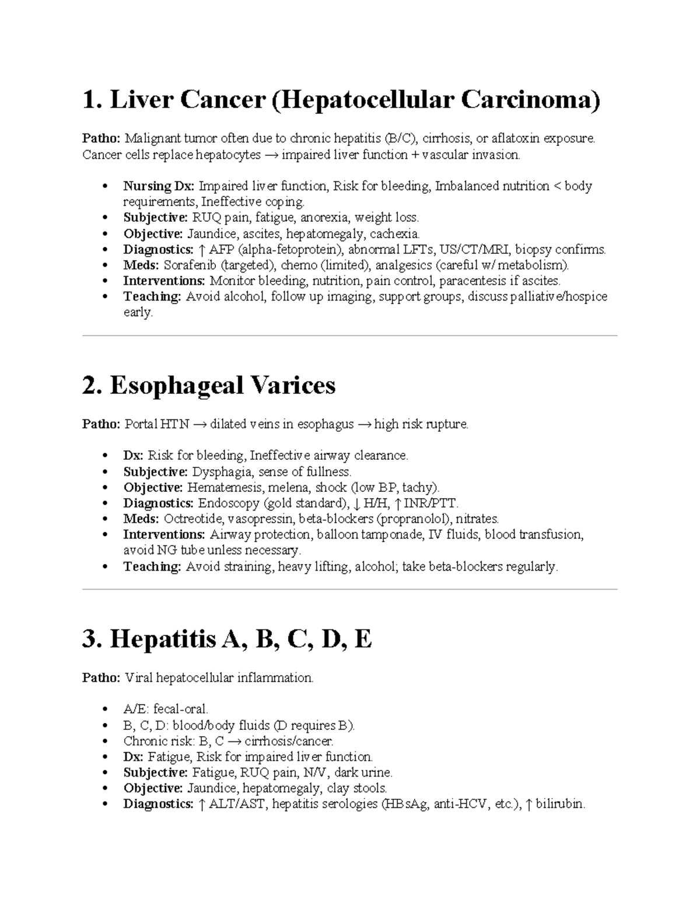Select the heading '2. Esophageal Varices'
point(209,386)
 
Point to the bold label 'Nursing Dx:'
point(159,186)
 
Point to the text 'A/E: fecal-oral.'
point(166,709)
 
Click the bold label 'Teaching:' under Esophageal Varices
point(152,566)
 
